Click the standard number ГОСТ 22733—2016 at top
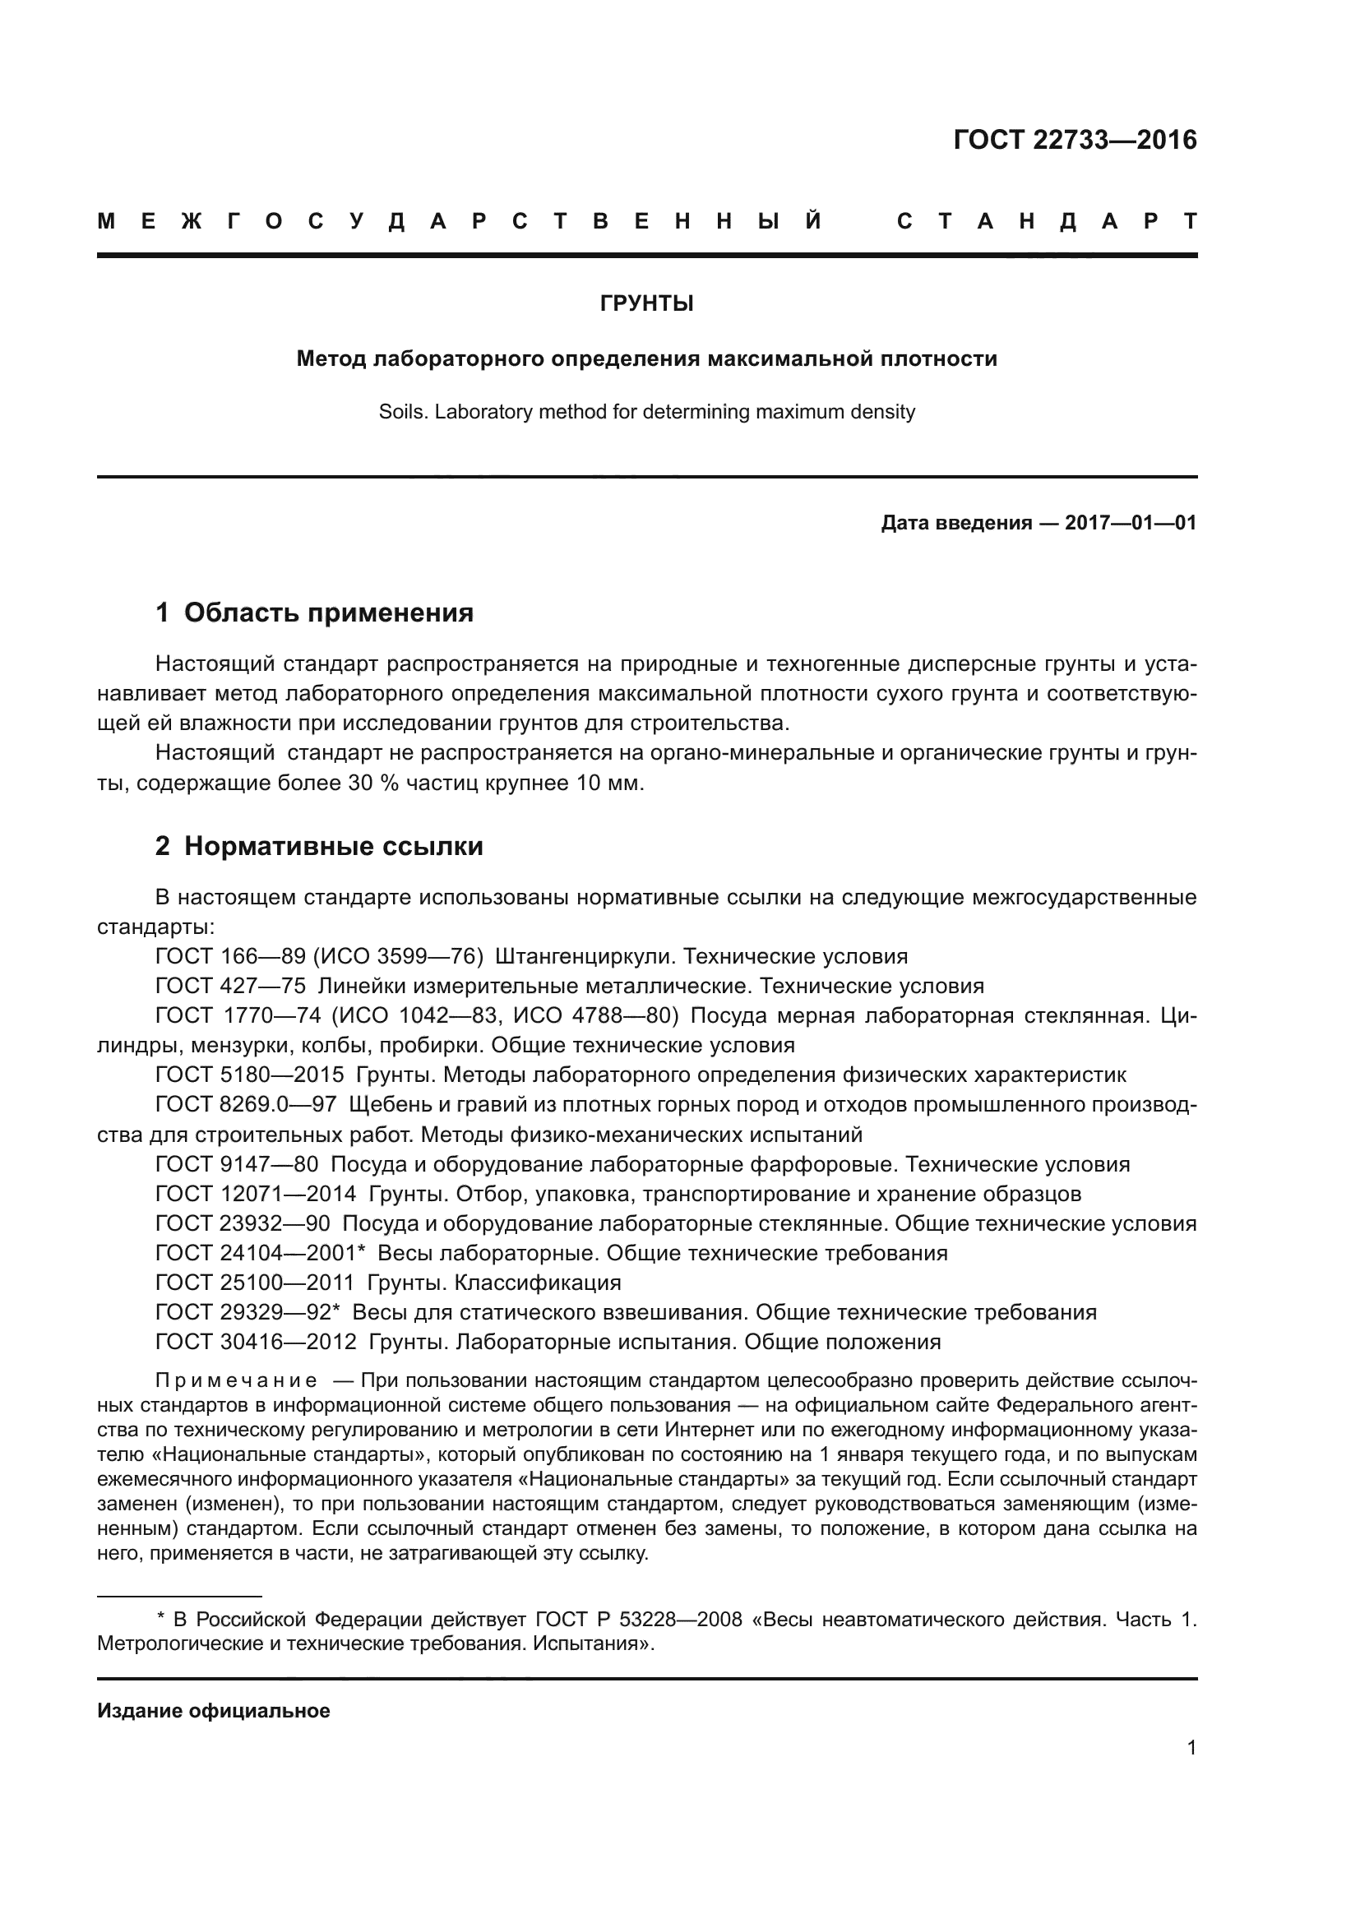tap(1075, 140)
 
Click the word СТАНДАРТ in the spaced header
tap(1046, 222)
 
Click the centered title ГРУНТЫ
tap(646, 304)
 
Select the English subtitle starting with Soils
tap(646, 412)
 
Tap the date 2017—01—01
tap(1130, 524)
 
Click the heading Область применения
tap(328, 613)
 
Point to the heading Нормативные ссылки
tap(333, 847)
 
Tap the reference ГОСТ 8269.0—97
tap(245, 1105)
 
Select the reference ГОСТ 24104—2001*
tap(261, 1254)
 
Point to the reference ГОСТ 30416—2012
tap(256, 1343)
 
